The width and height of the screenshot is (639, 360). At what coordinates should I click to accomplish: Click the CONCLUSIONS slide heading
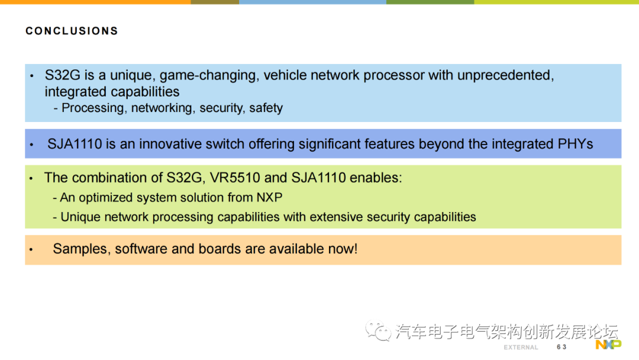tap(72, 31)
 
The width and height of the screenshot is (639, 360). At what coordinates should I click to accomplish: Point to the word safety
tap(266, 108)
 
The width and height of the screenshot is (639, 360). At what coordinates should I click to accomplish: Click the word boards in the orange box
tap(222, 249)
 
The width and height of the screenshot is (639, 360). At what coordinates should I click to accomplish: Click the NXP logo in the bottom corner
tap(608, 345)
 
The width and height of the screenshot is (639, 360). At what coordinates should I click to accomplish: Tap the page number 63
tap(561, 347)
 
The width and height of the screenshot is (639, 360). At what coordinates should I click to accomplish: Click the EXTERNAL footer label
tap(521, 348)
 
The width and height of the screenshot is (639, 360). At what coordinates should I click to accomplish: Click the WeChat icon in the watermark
tap(377, 330)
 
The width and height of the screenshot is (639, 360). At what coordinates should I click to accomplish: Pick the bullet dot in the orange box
tap(31, 249)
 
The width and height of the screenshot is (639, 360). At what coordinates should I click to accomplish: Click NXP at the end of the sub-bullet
tap(269, 198)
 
